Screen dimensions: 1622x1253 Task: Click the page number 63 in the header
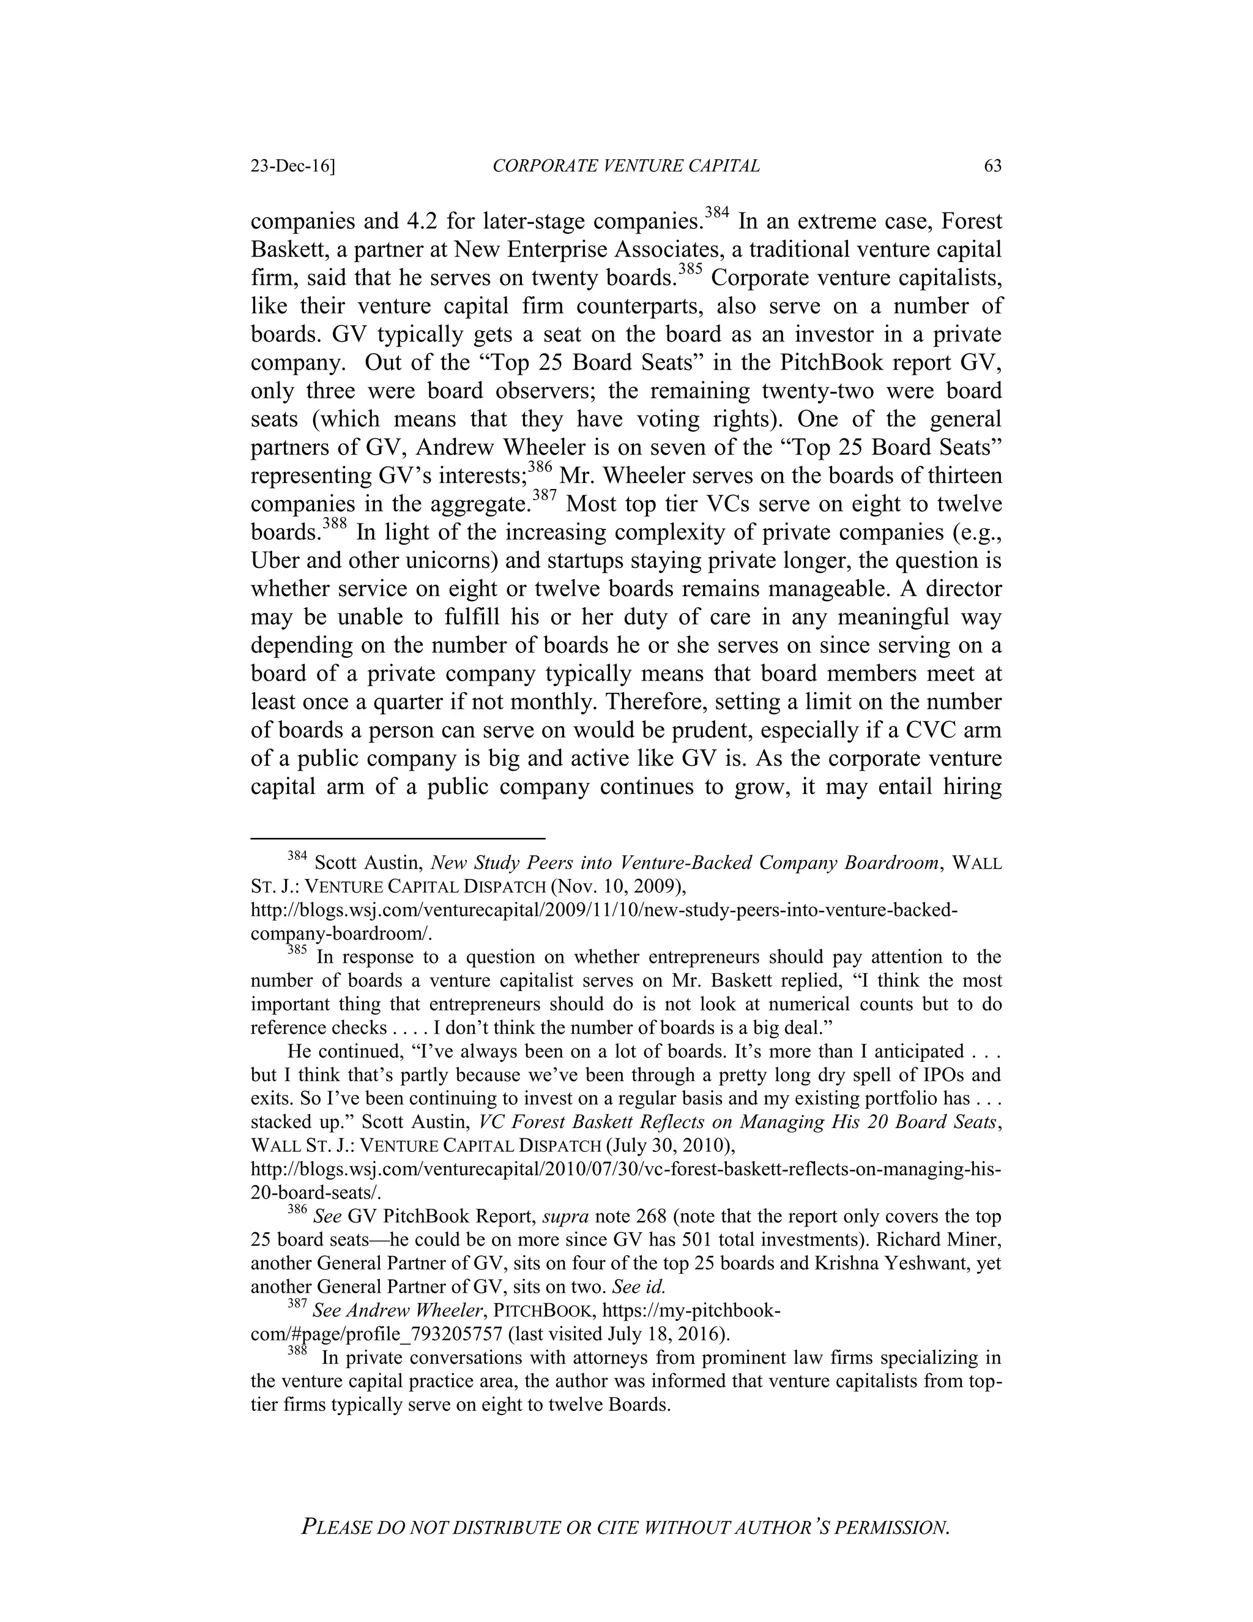[x=992, y=166]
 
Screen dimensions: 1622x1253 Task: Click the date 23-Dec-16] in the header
[x=292, y=166]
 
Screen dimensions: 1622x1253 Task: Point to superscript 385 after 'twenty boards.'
[x=690, y=269]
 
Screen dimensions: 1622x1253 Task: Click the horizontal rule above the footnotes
[x=398, y=839]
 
